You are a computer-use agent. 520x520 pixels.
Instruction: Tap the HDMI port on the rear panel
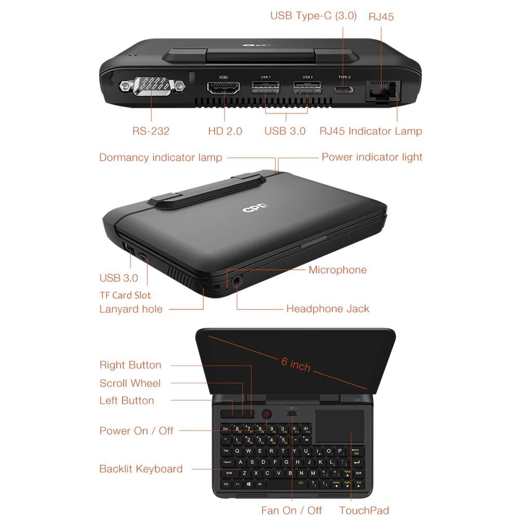click(224, 87)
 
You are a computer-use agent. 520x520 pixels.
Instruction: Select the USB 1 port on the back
click(265, 87)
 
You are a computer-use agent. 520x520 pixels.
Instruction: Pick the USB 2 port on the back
click(307, 87)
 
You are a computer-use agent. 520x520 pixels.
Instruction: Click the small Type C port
click(344, 89)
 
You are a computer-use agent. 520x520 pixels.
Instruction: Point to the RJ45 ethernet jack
click(382, 89)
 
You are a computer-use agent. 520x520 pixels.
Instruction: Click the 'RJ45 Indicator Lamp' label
click(371, 131)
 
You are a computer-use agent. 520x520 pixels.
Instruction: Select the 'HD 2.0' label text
click(225, 131)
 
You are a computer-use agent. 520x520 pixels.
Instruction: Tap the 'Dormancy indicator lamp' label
click(161, 158)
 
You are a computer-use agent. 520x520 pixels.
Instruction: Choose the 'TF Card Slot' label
click(125, 295)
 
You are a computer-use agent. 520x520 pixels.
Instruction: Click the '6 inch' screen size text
click(296, 365)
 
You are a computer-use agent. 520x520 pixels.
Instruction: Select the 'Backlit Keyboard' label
click(141, 469)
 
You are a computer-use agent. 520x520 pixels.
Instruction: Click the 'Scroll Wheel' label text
click(130, 384)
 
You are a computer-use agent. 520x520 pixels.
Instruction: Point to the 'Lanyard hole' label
click(131, 309)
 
